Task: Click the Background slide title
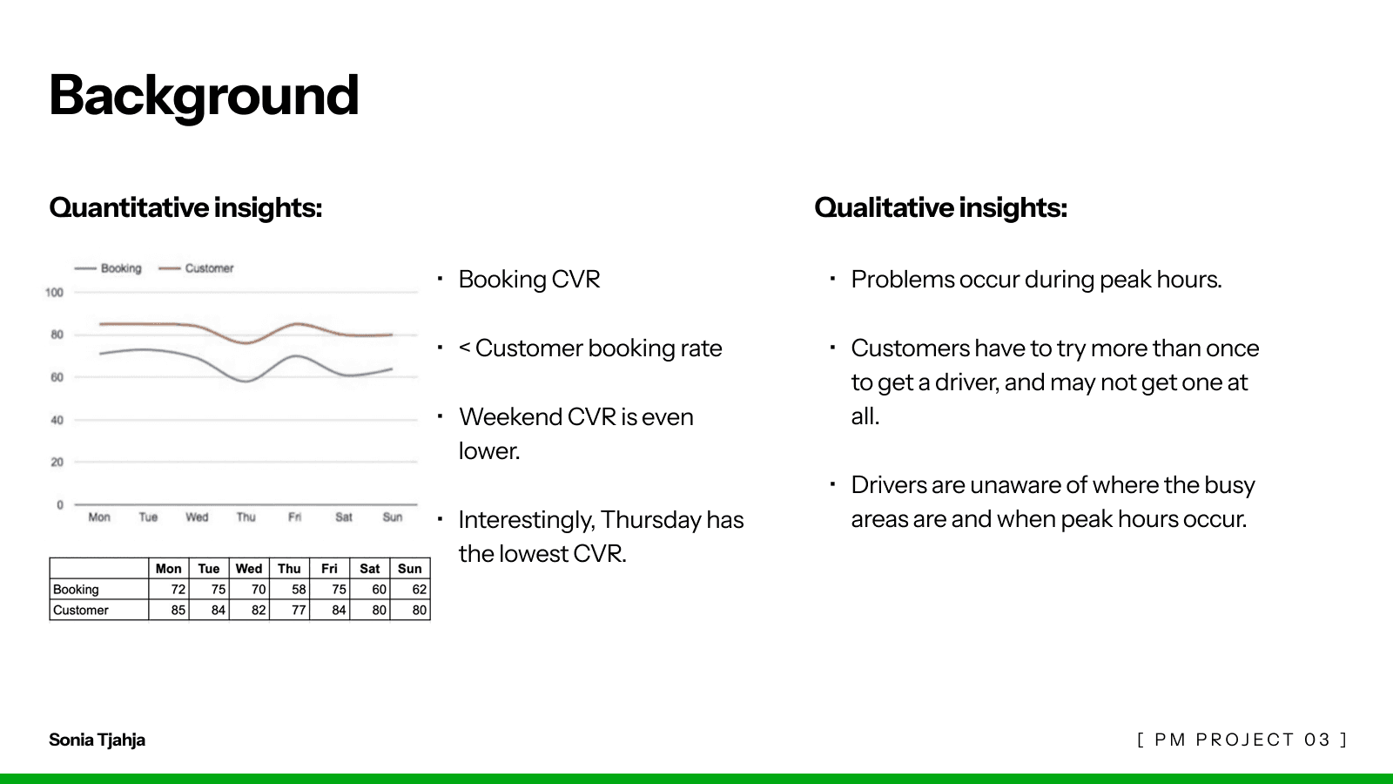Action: [204, 96]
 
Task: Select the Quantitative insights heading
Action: [186, 208]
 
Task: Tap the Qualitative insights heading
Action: [941, 208]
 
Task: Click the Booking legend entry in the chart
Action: [108, 268]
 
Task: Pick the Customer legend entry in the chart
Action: [197, 268]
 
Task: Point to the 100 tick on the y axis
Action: [54, 293]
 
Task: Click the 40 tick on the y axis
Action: [57, 420]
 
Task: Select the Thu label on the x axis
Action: [246, 517]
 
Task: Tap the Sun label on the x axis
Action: [393, 517]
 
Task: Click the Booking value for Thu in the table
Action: [299, 589]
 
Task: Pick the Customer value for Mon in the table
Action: [178, 611]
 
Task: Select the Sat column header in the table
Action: [369, 569]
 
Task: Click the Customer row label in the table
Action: [80, 611]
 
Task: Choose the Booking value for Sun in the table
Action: [419, 589]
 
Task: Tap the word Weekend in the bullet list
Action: [510, 417]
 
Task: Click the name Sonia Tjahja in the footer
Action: [97, 740]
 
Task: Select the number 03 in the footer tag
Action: [1317, 740]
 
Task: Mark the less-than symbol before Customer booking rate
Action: [464, 348]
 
